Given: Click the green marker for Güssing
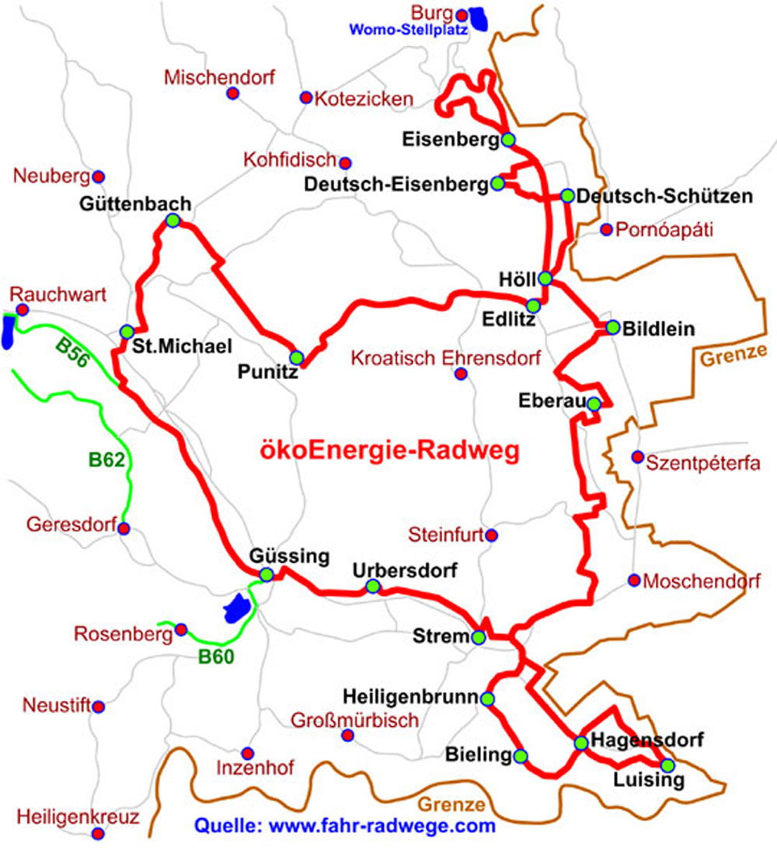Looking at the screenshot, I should pyautogui.click(x=267, y=575).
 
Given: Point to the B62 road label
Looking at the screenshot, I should pyautogui.click(x=106, y=460).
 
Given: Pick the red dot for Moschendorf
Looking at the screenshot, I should pyautogui.click(x=634, y=580).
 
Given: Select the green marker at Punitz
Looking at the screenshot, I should pyautogui.click(x=296, y=357).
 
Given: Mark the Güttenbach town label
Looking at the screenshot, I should pyautogui.click(x=134, y=204).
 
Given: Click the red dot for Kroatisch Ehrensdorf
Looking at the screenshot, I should pyautogui.click(x=460, y=375).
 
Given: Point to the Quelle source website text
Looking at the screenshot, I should pyautogui.click(x=344, y=826).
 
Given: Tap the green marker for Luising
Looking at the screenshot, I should pyautogui.click(x=667, y=765).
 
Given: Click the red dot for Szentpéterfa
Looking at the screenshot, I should pyautogui.click(x=637, y=456).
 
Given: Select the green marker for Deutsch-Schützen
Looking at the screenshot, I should pyautogui.click(x=567, y=196).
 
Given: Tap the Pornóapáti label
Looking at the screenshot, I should pyautogui.click(x=664, y=230).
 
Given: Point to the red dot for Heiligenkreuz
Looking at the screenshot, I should pyautogui.click(x=98, y=834).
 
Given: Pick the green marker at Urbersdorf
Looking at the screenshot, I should pyautogui.click(x=373, y=587).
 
